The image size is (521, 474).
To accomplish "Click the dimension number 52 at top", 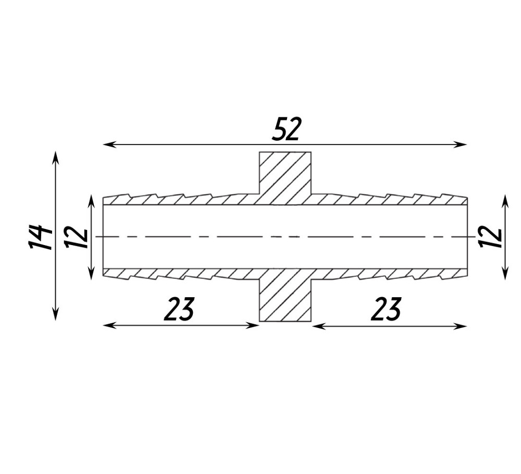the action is (x=286, y=129).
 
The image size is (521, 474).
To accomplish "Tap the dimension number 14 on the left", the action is (x=40, y=237).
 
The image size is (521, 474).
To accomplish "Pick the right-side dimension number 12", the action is (x=490, y=237).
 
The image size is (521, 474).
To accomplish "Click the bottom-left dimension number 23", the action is (x=179, y=309).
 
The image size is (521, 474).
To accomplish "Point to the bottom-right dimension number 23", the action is (x=386, y=309).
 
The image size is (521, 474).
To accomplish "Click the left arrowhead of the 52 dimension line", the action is (x=109, y=144).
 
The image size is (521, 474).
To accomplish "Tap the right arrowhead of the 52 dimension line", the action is (x=461, y=144).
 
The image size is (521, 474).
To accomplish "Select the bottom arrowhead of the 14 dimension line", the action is (x=56, y=314).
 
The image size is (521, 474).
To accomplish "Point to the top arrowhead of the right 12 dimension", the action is (x=505, y=202).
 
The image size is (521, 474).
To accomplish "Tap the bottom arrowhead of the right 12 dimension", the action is (x=505, y=273).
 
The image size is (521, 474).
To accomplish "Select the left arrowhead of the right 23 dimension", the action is (x=319, y=326).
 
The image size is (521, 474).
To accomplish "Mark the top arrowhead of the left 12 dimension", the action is (x=91, y=202).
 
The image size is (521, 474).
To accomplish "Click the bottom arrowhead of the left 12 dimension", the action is (x=91, y=273).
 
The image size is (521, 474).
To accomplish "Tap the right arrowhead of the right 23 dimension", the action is (x=461, y=326).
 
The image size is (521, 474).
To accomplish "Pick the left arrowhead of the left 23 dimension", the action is (x=109, y=325).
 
